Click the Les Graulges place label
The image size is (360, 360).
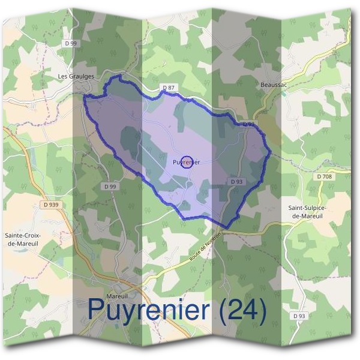coord(76,77)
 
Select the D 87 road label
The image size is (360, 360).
coord(169,88)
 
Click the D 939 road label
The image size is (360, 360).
coord(52,205)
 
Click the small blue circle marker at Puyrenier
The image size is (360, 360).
coord(187,162)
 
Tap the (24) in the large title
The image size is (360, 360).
coord(239,310)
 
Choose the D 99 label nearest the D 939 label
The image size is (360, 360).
coord(110,187)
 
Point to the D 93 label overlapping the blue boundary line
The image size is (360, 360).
coord(249,124)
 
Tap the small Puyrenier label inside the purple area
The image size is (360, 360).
coord(185,162)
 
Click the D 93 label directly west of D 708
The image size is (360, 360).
coord(236,181)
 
